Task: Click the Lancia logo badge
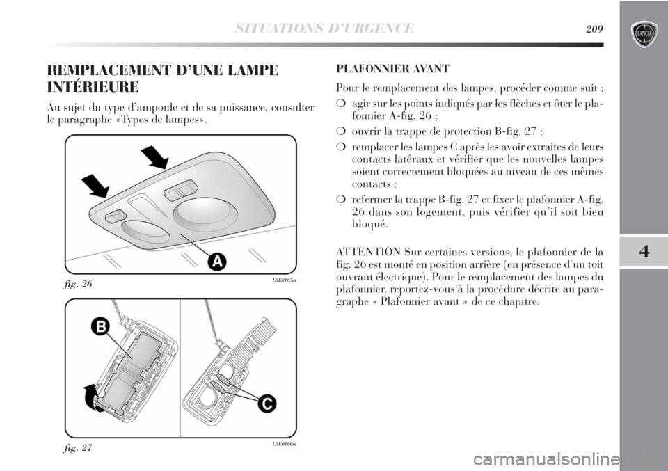tap(643, 33)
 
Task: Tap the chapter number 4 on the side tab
tap(643, 251)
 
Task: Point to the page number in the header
tap(593, 28)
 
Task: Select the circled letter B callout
tap(100, 326)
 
